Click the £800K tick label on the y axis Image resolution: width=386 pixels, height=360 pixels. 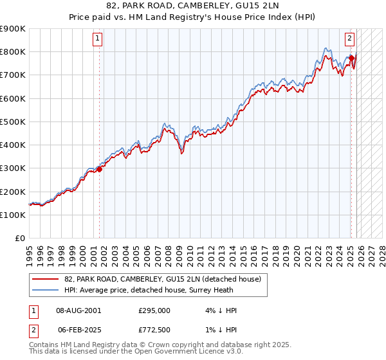pos(13,51)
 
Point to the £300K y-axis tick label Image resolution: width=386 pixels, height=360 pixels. pos(13,168)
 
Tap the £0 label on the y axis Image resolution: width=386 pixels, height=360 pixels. pos(20,239)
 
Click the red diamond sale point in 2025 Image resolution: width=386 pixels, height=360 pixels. pos(351,59)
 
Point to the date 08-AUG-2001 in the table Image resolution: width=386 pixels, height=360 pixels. pos(78,310)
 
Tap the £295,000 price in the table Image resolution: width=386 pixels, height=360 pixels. pos(154,310)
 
